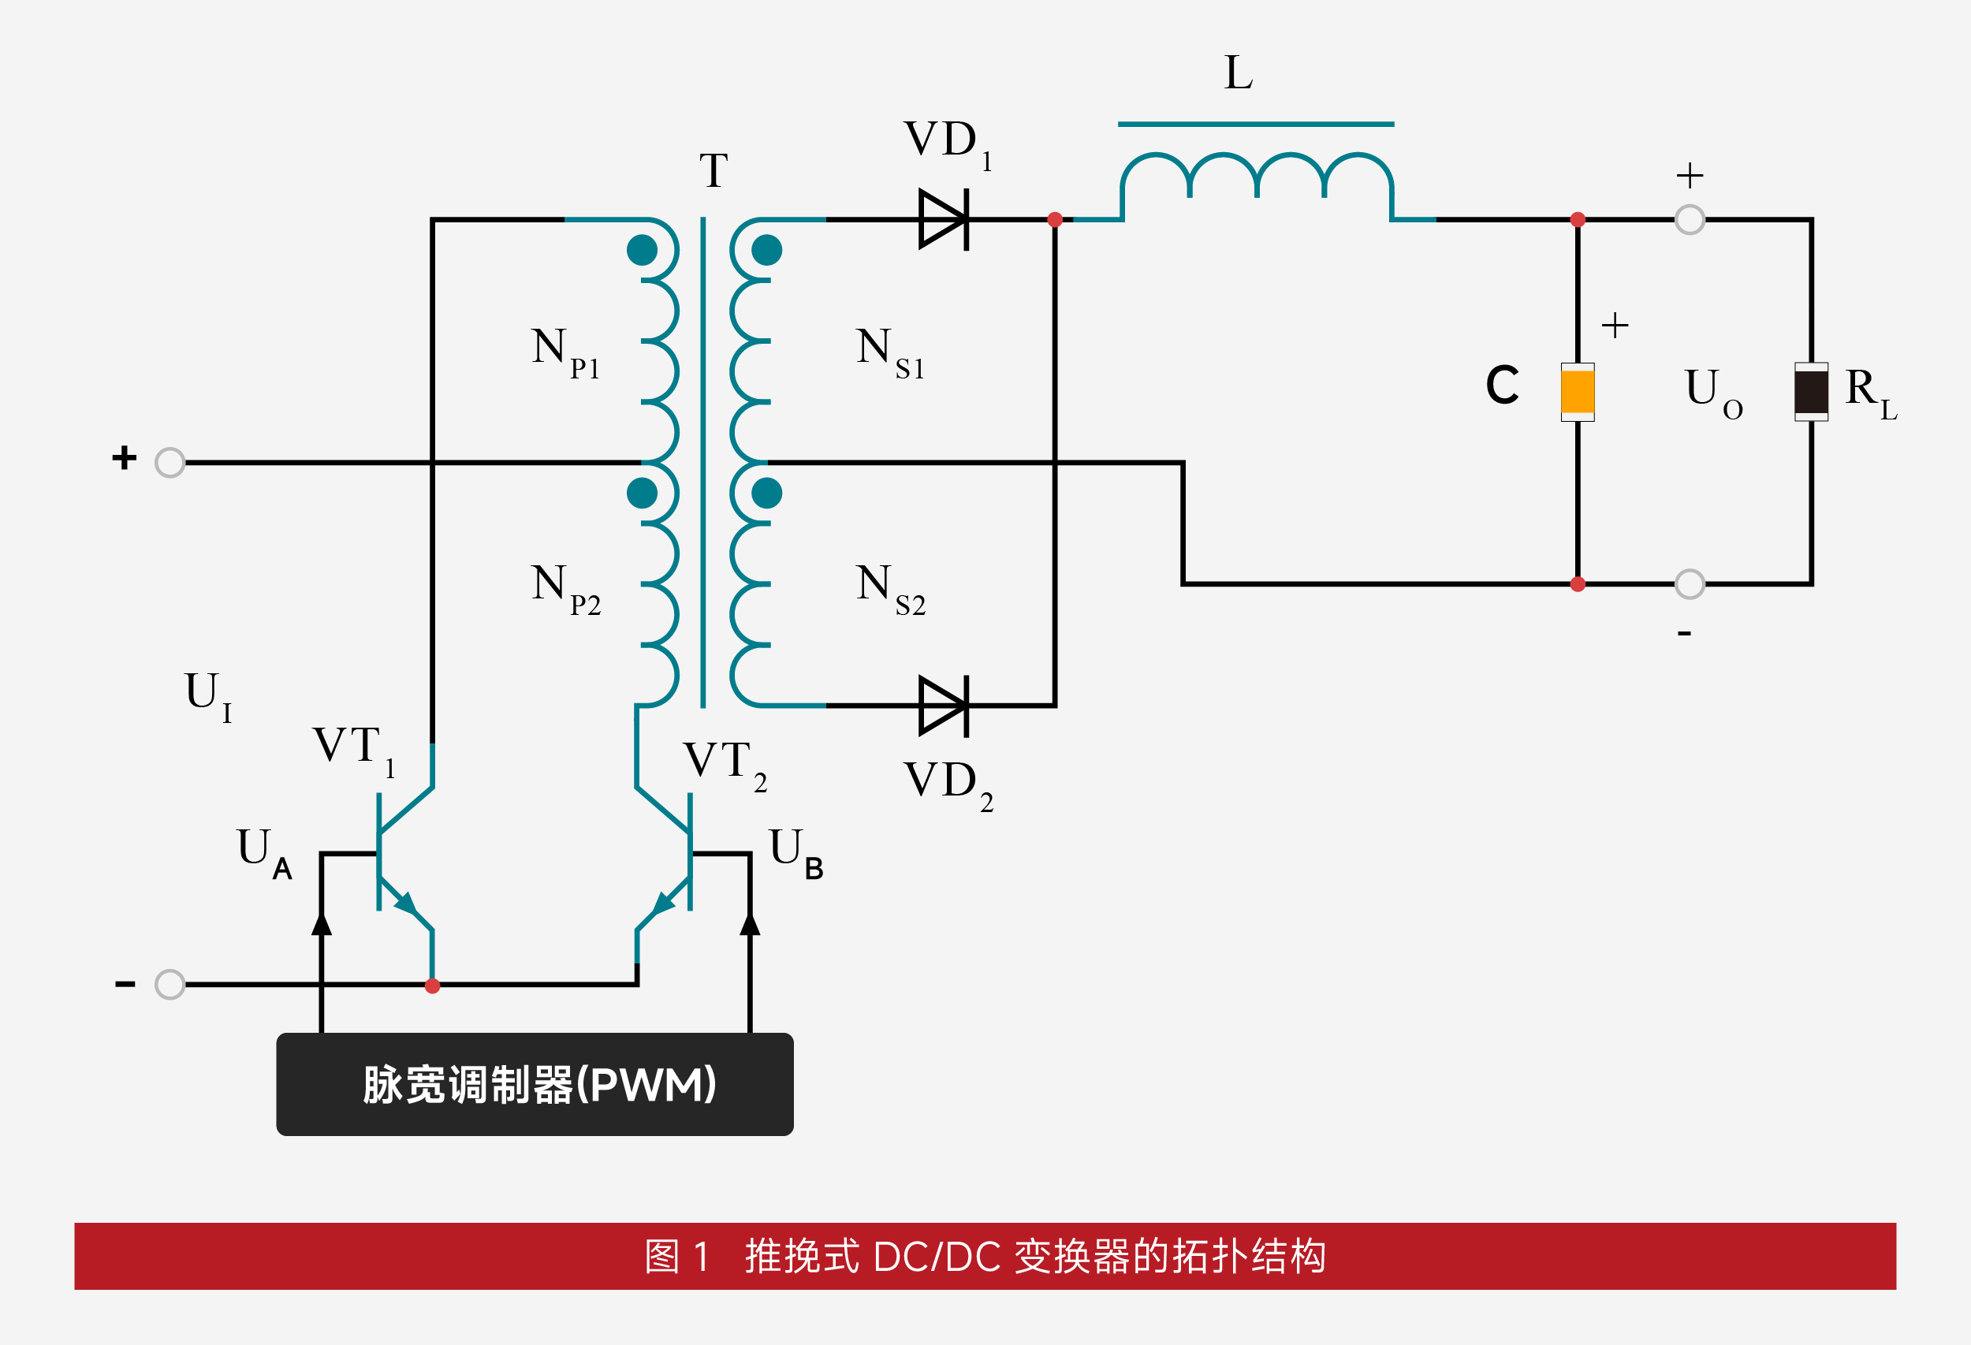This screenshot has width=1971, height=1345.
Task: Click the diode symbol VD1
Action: point(944,220)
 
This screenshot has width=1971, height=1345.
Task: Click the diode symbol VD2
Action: point(944,706)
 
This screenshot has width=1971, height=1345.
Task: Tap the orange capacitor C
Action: point(1578,392)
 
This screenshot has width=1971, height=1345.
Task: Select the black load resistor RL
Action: point(1811,392)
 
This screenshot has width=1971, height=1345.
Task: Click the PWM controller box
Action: point(535,1084)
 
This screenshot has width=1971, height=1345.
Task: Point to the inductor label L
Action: point(1239,73)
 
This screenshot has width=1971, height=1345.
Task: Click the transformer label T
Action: point(714,171)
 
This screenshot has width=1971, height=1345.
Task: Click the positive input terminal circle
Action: point(170,463)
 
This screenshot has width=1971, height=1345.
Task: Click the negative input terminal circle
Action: point(170,985)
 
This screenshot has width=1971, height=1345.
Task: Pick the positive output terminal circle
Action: point(1690,220)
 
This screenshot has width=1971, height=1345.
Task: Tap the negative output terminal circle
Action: point(1690,584)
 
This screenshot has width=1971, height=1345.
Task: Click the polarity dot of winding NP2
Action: point(642,493)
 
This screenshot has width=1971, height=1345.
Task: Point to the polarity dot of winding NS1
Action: point(766,250)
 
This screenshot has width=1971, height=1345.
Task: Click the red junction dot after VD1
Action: point(1055,220)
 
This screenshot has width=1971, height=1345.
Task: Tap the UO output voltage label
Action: point(1712,392)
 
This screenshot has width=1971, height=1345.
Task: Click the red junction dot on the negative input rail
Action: point(433,985)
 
